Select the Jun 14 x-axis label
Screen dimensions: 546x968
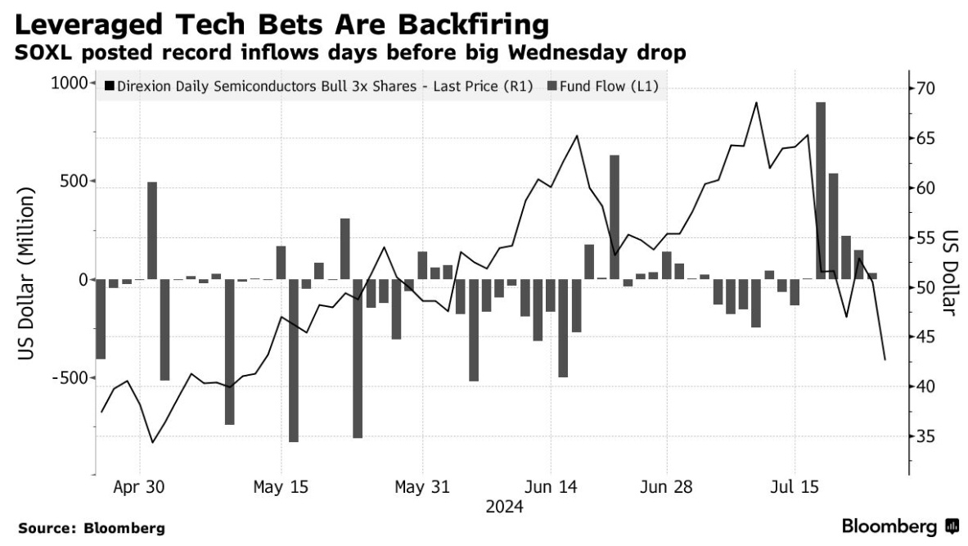click(551, 488)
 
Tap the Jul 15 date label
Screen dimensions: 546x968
click(794, 488)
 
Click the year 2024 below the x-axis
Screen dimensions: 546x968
click(505, 508)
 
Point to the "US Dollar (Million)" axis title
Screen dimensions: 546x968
click(28, 278)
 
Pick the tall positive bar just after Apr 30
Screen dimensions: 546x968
click(152, 230)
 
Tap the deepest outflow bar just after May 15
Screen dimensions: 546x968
click(293, 360)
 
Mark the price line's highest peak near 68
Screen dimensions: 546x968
click(756, 103)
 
